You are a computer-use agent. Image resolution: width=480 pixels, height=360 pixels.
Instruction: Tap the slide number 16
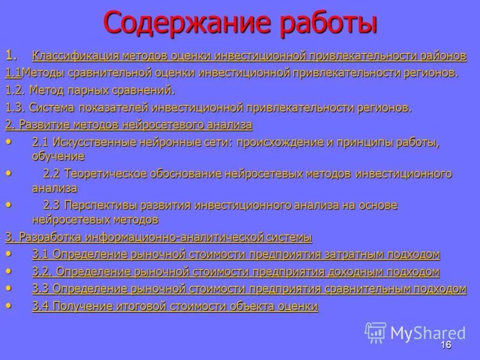[x=446, y=345]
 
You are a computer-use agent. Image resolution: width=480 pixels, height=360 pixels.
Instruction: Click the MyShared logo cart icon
[x=376, y=332]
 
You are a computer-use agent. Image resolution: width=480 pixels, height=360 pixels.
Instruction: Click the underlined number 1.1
[x=13, y=73]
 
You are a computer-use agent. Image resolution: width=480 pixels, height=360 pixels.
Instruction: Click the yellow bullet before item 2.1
[x=8, y=142]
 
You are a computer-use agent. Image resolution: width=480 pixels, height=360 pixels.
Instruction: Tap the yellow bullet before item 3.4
[x=8, y=305]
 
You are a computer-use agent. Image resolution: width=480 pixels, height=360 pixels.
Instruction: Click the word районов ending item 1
[x=444, y=56]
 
